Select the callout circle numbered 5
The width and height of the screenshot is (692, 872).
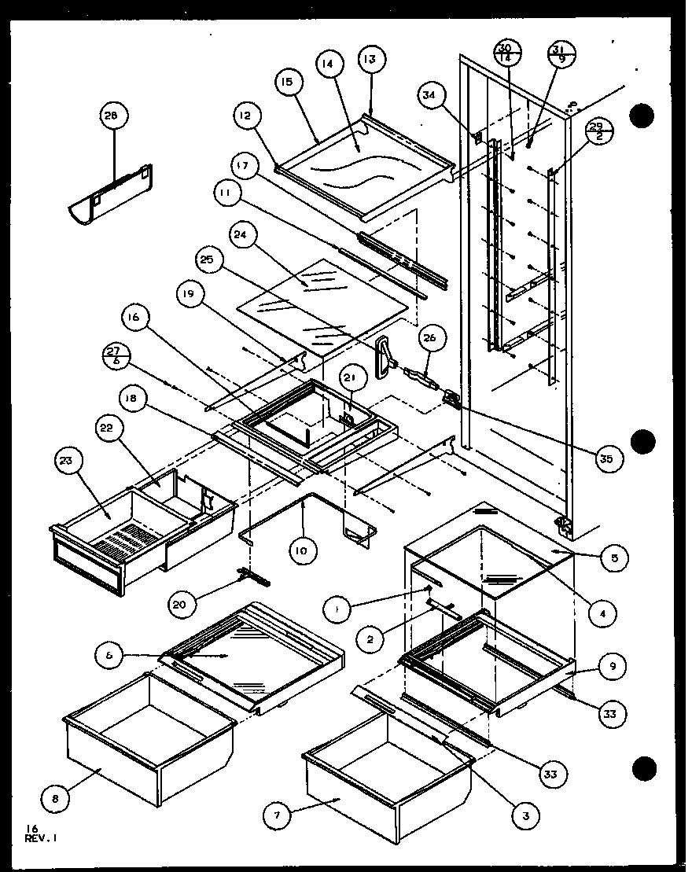pyautogui.click(x=613, y=560)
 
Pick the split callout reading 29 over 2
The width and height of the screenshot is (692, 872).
pyautogui.click(x=598, y=130)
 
